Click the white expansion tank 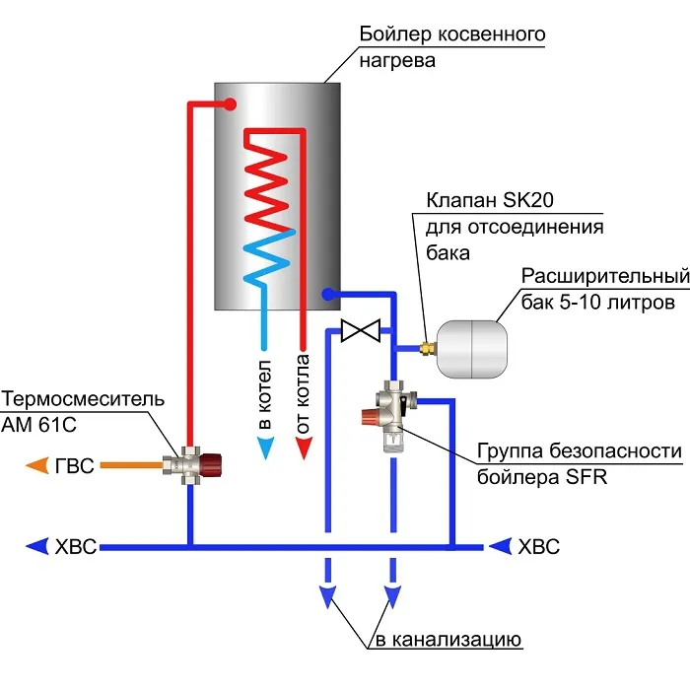click(x=471, y=349)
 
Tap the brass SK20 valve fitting click(x=427, y=349)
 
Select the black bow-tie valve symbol click(x=361, y=330)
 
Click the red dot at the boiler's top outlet click(x=230, y=104)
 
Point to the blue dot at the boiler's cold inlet click(x=328, y=294)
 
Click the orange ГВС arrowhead click(x=37, y=465)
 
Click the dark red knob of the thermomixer click(x=211, y=465)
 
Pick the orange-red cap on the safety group click(x=370, y=416)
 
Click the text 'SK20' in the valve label click(x=527, y=200)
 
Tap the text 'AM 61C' click(x=38, y=425)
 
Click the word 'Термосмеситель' click(x=83, y=399)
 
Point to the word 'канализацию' click(x=456, y=640)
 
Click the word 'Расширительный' click(x=605, y=276)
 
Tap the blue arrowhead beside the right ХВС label click(x=501, y=546)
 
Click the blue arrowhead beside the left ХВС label click(x=37, y=546)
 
